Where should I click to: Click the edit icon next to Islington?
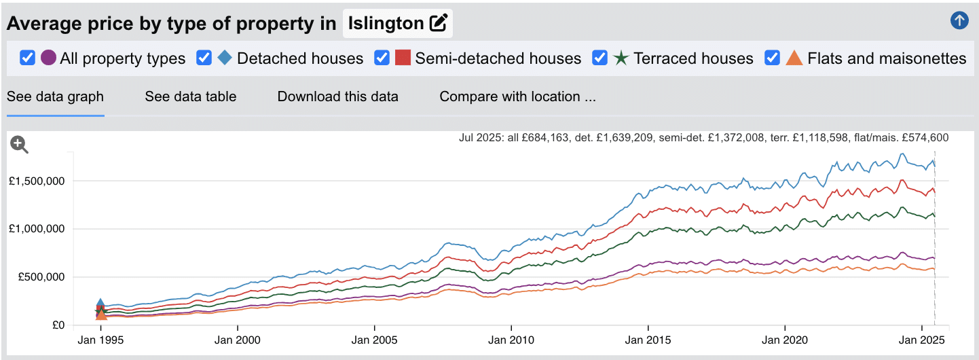pyautogui.click(x=439, y=24)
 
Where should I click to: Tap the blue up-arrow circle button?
pyautogui.click(x=959, y=21)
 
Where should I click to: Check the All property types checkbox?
pyautogui.click(x=28, y=58)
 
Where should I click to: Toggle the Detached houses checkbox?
pyautogui.click(x=204, y=58)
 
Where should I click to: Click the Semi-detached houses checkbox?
pyautogui.click(x=382, y=58)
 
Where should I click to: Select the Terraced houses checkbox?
pyautogui.click(x=600, y=58)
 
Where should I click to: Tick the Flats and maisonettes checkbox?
pyautogui.click(x=773, y=58)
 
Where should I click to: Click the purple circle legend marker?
pyautogui.click(x=48, y=58)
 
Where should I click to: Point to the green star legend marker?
pyautogui.click(x=621, y=58)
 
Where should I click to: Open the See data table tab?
pyautogui.click(x=190, y=96)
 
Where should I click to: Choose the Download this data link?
pyautogui.click(x=337, y=96)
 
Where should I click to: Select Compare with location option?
pyautogui.click(x=517, y=96)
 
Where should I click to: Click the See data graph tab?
pyautogui.click(x=55, y=96)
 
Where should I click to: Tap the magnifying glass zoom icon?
pyautogui.click(x=19, y=144)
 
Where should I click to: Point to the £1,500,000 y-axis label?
pyautogui.click(x=37, y=181)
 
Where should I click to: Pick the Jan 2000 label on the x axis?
pyautogui.click(x=237, y=339)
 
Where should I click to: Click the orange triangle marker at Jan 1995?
pyautogui.click(x=101, y=314)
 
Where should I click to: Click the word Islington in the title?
pyautogui.click(x=385, y=24)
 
